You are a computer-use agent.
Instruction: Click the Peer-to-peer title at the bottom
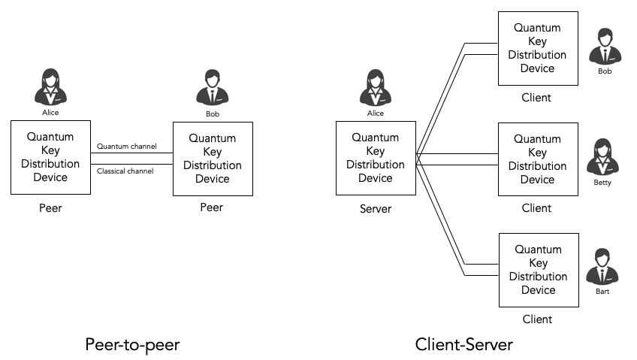coord(132,344)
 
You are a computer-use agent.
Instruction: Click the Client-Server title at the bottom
coord(463,344)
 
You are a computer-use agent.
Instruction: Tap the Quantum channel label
coord(127,146)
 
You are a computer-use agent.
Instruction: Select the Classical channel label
coord(125,171)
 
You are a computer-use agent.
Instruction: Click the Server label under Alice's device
coord(375,208)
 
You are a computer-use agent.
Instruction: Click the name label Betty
coord(602,182)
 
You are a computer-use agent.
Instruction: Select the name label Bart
coord(602,292)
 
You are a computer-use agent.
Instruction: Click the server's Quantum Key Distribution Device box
coord(375,158)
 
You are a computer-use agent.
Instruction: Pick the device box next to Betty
coord(539,159)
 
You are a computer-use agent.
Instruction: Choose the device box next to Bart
coord(539,270)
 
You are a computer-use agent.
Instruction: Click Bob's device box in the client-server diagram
coord(539,47)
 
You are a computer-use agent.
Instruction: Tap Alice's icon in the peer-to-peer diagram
coord(50,86)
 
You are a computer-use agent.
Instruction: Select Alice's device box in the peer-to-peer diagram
coord(50,157)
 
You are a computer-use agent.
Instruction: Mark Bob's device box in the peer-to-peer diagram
coord(213,159)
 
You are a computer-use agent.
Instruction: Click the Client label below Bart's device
coord(537,319)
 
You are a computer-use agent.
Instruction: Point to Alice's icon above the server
coord(375,87)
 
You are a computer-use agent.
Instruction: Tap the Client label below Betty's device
coord(537,208)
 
